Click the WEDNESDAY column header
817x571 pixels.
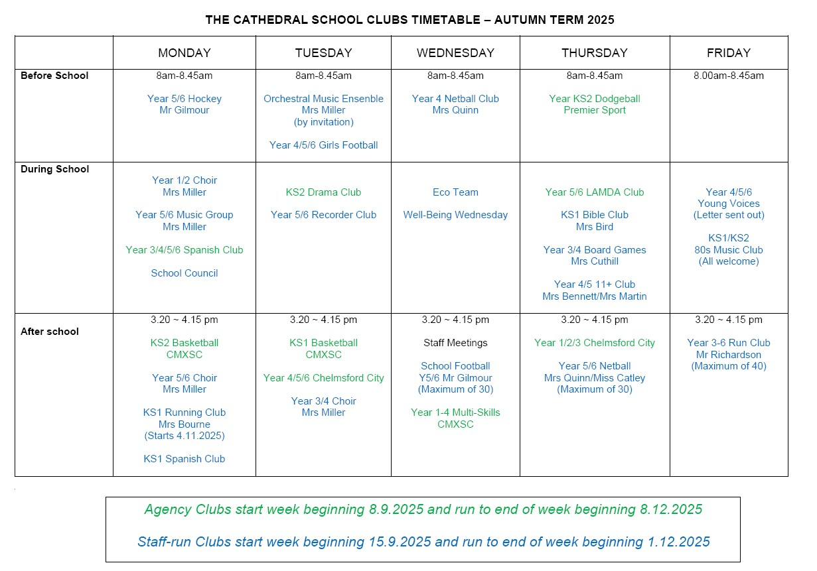click(455, 53)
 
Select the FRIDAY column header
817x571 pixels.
click(729, 53)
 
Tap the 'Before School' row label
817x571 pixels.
click(54, 76)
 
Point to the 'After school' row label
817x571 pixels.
click(50, 332)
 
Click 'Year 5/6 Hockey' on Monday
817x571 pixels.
click(185, 99)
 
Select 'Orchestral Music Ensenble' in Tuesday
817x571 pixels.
click(323, 99)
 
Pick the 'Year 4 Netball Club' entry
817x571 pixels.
click(455, 99)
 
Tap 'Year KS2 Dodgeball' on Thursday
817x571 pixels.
click(595, 99)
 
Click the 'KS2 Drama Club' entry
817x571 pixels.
click(323, 192)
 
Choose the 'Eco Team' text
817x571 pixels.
click(455, 192)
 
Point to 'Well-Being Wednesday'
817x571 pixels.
click(455, 215)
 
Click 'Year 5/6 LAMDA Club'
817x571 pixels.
click(595, 192)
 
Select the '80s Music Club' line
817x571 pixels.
click(729, 250)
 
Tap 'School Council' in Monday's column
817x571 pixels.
click(185, 273)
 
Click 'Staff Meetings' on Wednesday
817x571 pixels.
click(455, 343)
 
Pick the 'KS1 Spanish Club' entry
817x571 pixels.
click(185, 459)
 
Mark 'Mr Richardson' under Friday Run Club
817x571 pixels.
click(729, 355)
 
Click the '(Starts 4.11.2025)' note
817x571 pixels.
click(185, 436)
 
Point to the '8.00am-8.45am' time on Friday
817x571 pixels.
click(729, 76)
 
